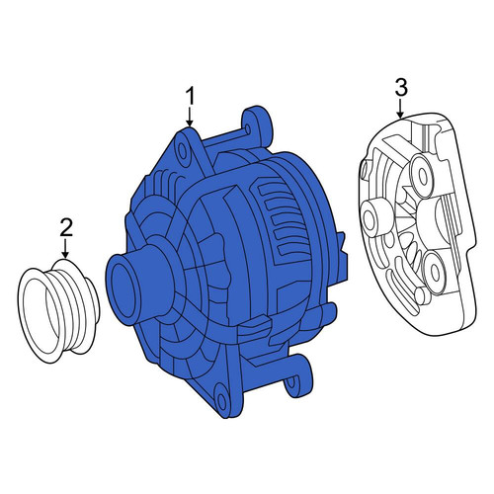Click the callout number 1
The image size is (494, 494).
tap(190, 96)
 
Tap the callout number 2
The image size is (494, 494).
tap(66, 227)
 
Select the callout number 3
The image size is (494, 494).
tap(401, 88)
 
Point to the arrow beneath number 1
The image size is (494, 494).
tap(190, 117)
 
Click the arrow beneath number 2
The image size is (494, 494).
tap(66, 249)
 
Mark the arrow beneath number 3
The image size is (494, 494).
tap(400, 109)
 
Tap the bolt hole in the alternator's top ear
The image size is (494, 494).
tap(183, 150)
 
